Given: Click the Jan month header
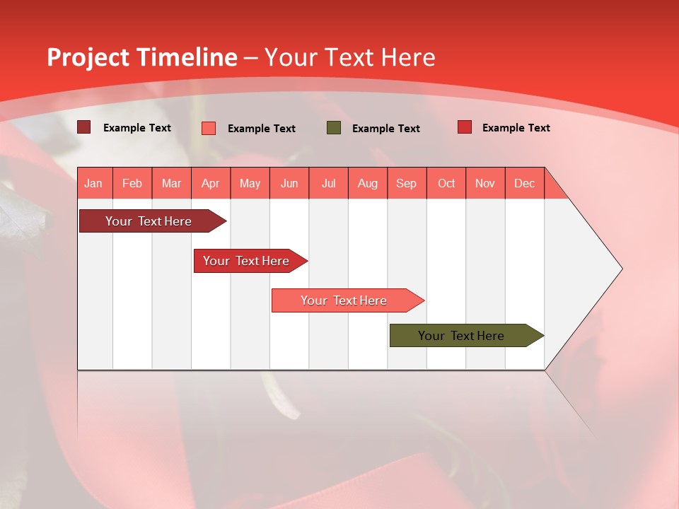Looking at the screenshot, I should coord(93,183).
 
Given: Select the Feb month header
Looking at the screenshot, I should coord(132,183).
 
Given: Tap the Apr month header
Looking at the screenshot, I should coord(210,183).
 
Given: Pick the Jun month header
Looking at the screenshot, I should coord(289,183).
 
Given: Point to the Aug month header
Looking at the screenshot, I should coord(367,183).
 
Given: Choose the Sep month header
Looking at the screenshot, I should coord(406,183).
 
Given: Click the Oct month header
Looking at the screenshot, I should coord(446,183).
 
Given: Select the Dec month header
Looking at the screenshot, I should coord(524,183).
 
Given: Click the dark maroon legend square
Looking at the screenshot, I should coord(83,127).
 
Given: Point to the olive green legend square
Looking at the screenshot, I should coord(334,127).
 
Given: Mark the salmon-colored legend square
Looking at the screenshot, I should coord(209,128).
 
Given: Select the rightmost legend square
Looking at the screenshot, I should coord(465,127).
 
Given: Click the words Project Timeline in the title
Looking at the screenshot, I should coord(141,57).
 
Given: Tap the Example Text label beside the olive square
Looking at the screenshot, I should coord(385,128).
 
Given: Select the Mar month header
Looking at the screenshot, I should coord(171,183).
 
